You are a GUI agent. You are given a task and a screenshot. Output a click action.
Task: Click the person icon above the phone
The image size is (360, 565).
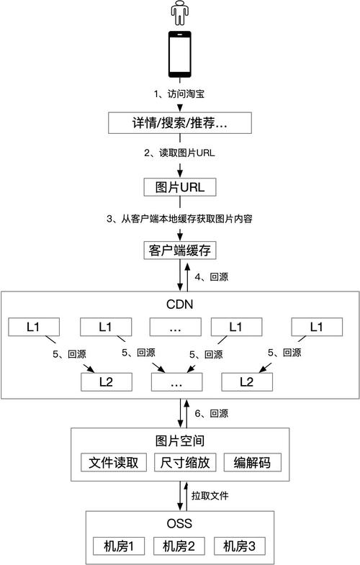(180, 13)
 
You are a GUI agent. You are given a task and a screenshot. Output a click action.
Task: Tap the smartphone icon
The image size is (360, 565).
(180, 54)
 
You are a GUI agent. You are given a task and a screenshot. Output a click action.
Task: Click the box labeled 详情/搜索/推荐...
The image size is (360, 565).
(180, 123)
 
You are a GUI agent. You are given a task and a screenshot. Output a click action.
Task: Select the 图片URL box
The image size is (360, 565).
(180, 187)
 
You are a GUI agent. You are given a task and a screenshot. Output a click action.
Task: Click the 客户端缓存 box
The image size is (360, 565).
(180, 250)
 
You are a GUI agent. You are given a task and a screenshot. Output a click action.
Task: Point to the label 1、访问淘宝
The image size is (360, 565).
(179, 94)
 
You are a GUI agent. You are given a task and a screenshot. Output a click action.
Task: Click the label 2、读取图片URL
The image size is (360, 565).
(179, 153)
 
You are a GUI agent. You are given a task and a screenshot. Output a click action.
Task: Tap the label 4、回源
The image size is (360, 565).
(212, 276)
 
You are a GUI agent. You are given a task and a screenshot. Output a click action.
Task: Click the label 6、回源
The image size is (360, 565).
(212, 413)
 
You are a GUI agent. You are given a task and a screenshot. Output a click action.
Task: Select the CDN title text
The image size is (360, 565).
(180, 304)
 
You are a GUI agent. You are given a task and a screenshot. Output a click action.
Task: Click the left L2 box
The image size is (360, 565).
(107, 382)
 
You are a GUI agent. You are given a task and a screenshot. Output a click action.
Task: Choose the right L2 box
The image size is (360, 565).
(247, 382)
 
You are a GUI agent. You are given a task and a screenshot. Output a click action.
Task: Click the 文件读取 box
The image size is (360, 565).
(114, 462)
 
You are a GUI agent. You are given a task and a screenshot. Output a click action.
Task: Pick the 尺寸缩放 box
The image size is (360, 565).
(185, 462)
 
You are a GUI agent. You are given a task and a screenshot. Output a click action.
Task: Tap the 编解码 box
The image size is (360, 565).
(252, 462)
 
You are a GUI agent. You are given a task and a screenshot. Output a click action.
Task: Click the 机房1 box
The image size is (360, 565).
(119, 546)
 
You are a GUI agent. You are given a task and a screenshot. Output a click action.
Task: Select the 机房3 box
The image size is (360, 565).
(240, 546)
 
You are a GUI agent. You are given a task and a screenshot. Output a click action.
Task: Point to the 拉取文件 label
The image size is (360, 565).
(210, 496)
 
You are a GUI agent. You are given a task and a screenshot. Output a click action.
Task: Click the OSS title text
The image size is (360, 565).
(179, 523)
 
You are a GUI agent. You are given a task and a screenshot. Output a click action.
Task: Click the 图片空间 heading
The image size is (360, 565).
(180, 440)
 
